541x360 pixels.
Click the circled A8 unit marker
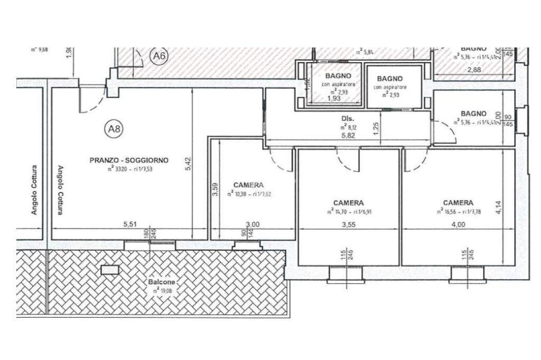pos(114,128)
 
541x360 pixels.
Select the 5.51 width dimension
pos(130,224)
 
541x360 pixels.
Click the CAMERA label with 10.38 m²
pos(248,185)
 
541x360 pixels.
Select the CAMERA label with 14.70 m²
pos(348,203)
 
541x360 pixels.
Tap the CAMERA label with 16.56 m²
pos(458,203)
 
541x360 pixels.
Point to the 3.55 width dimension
pos(348,224)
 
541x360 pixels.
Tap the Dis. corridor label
pos(348,119)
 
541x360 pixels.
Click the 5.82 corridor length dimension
pos(348,136)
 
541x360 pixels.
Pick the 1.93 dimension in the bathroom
pos(334,98)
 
